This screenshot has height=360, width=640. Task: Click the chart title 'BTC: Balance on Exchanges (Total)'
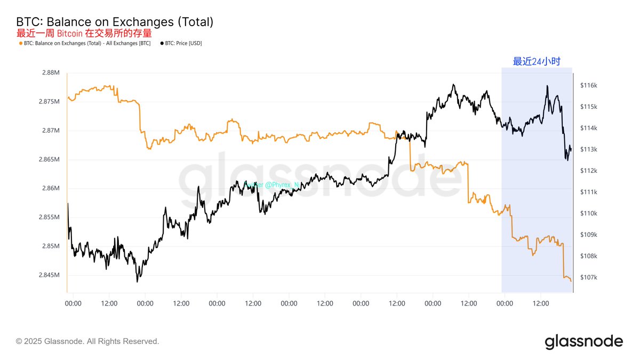click(x=115, y=22)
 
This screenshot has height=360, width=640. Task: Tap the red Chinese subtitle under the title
click(x=84, y=33)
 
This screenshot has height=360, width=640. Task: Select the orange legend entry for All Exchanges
click(x=85, y=43)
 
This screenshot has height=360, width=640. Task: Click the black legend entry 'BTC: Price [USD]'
click(x=181, y=43)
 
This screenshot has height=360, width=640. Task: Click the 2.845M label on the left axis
click(x=50, y=275)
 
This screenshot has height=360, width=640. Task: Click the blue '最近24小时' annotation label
click(x=537, y=61)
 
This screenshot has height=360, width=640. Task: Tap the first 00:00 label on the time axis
click(x=73, y=303)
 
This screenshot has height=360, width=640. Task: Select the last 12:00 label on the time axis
click(x=541, y=303)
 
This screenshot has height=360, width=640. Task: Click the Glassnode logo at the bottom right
click(x=583, y=341)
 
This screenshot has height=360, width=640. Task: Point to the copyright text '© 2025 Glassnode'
click(x=87, y=341)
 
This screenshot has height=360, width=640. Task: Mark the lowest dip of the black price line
click(x=138, y=281)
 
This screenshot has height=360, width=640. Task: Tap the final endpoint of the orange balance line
click(x=571, y=281)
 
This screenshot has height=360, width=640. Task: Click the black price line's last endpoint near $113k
click(x=571, y=150)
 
